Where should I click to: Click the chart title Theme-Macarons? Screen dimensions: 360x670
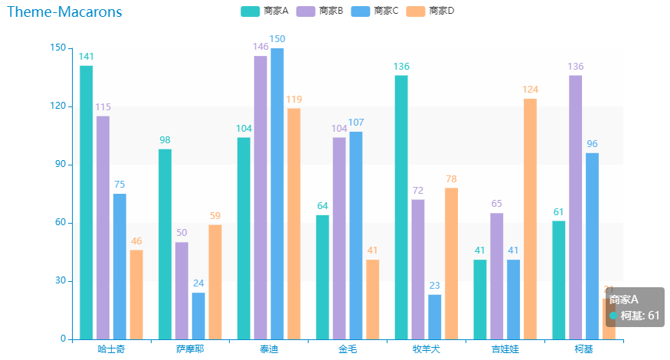[x=64, y=12]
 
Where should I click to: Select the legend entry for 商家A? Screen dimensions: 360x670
[x=264, y=11]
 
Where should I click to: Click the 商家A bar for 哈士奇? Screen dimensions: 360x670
[x=86, y=202]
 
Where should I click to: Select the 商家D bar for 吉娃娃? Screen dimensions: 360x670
[x=530, y=218]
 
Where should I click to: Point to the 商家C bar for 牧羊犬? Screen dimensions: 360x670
[x=435, y=316]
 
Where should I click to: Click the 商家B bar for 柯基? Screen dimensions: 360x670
[x=575, y=207]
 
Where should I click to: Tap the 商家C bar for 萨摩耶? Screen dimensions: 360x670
[x=198, y=316]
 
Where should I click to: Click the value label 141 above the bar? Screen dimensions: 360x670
[x=86, y=57]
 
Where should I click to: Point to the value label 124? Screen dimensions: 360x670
[x=530, y=90]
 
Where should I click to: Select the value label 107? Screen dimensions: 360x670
[x=355, y=123]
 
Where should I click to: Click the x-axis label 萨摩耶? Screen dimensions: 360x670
[x=190, y=349]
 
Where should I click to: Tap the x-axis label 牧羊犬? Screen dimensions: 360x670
[x=427, y=349]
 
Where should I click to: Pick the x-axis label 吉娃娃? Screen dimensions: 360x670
[x=505, y=349]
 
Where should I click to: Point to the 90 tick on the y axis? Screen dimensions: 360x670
[x=59, y=165]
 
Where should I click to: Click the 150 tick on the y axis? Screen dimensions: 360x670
[x=57, y=48]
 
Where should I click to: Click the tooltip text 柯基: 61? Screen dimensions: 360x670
[x=639, y=316]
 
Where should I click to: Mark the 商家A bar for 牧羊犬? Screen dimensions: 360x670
[x=401, y=207]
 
